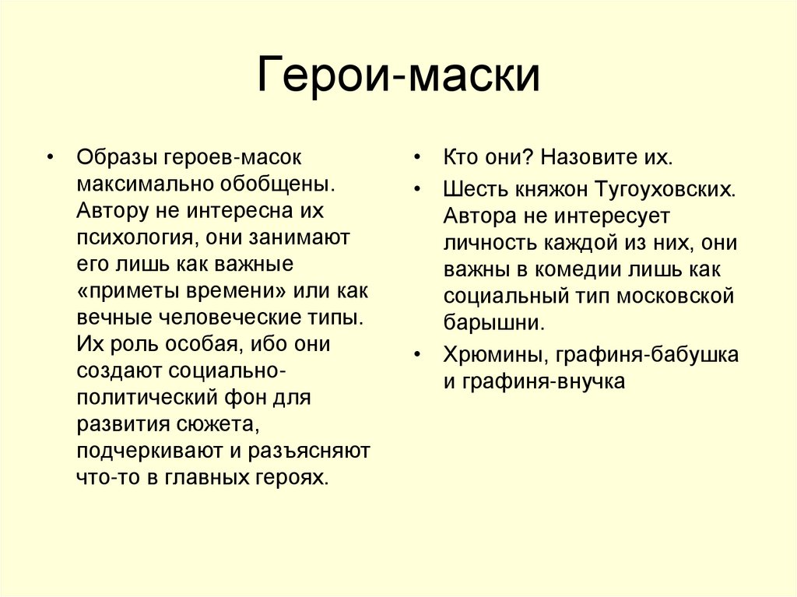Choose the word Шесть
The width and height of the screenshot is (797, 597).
tap(472, 189)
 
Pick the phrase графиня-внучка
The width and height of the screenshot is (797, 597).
tap(542, 381)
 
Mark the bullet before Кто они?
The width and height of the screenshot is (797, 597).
tap(418, 158)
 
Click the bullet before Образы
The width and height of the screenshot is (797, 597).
tap(51, 158)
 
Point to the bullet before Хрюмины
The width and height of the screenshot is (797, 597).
tap(418, 356)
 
